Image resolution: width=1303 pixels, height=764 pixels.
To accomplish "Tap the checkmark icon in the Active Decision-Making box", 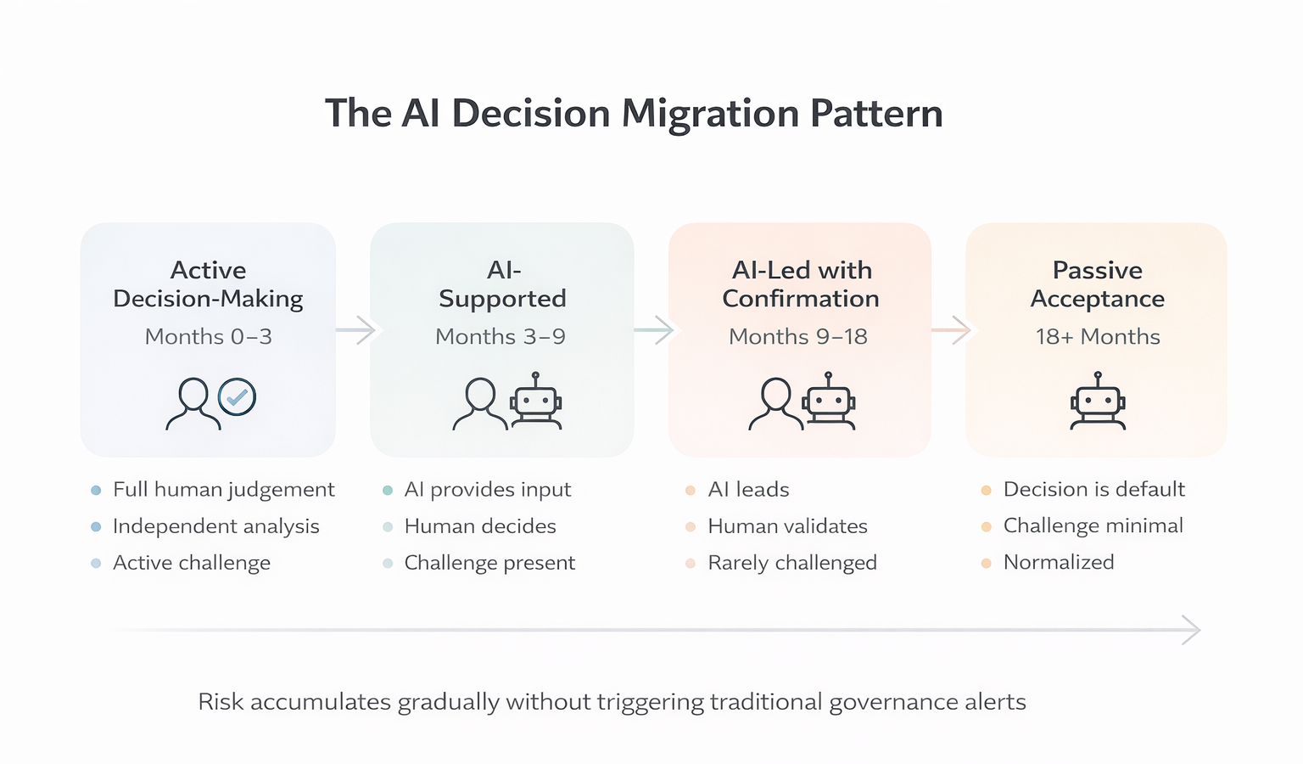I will point(237,396).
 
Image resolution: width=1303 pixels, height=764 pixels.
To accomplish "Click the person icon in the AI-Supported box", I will point(480,403).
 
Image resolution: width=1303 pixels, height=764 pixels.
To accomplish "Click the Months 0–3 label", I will point(208,337).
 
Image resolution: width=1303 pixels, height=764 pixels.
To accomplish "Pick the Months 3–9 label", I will point(501,337).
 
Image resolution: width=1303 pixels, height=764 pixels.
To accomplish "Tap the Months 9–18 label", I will point(798,337).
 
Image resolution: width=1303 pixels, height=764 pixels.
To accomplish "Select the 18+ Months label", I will point(1097,337).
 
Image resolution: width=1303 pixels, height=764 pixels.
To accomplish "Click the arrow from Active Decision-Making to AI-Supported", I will point(356,329).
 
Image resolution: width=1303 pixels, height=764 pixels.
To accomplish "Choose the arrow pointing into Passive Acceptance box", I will point(952,329).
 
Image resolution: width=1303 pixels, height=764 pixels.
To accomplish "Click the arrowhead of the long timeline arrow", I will point(1192,630).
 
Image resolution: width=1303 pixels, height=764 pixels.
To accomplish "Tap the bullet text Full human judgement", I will point(223,490).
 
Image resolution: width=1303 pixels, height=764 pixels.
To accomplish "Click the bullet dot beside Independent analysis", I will point(96,527).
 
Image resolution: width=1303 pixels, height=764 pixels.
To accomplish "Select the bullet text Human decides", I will point(480,526).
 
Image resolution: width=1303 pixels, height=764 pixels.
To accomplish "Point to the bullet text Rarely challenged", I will point(792,563).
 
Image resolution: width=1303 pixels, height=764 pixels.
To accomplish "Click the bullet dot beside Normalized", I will point(986,563).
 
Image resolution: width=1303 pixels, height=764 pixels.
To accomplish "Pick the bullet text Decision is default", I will point(1093,490).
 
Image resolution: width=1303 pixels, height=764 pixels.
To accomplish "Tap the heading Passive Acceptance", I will point(1097,284).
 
